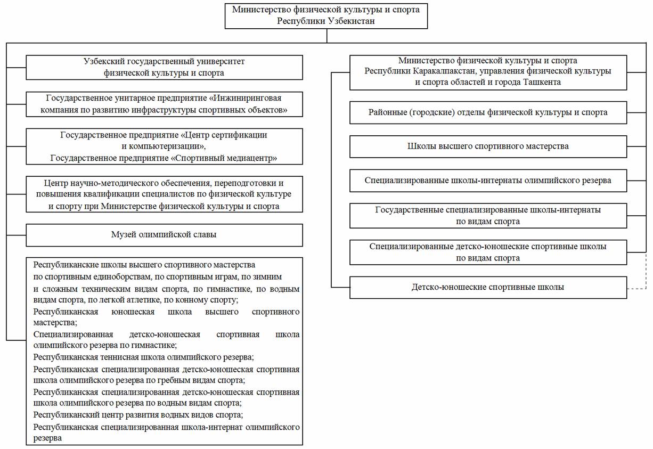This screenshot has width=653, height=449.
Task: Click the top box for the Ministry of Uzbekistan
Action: (x=326, y=15)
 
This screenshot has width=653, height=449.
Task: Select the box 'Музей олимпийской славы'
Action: (x=164, y=235)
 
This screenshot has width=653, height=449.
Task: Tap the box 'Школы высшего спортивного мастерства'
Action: (x=488, y=146)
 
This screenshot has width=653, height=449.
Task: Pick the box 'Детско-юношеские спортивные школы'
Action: (x=488, y=287)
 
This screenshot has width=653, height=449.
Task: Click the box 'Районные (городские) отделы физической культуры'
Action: (x=488, y=112)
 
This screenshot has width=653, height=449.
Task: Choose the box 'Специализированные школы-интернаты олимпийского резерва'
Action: (x=488, y=180)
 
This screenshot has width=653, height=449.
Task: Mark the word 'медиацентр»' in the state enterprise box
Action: (x=254, y=158)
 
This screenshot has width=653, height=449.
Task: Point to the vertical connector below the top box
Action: (x=326, y=35)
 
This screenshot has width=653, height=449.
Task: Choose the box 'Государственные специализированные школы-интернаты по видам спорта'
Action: (x=488, y=216)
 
